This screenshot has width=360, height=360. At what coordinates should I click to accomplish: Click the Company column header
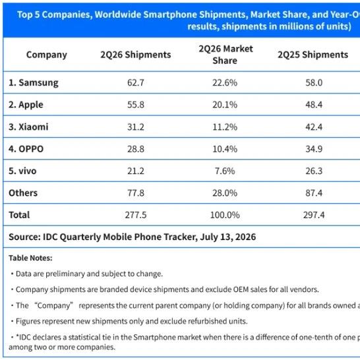click(47, 55)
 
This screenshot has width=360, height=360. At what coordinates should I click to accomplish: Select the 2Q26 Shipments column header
click(136, 55)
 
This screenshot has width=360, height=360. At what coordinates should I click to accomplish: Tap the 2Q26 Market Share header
click(225, 55)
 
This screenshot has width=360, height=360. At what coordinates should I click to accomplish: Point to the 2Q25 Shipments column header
click(313, 55)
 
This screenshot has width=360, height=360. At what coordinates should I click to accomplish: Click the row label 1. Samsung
click(34, 82)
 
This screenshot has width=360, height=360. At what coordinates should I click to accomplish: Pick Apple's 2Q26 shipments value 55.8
click(136, 105)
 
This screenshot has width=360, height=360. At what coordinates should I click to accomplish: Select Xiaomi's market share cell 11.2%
click(225, 127)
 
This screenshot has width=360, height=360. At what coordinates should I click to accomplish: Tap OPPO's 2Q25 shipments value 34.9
click(314, 149)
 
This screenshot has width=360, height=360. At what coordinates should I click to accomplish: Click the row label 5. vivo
click(22, 171)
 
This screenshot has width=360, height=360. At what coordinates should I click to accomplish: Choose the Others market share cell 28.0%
click(225, 193)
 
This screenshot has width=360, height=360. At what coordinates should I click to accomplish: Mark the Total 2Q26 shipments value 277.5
click(136, 215)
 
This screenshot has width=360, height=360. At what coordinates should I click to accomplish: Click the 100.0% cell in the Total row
click(225, 215)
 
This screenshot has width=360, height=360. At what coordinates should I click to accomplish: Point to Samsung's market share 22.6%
click(225, 82)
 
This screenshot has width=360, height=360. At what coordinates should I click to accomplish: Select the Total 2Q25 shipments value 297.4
click(314, 215)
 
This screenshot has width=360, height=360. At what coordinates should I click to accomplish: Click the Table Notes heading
click(30, 258)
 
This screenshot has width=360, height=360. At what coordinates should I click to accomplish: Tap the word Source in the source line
click(24, 237)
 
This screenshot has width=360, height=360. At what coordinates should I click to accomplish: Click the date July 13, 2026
click(227, 237)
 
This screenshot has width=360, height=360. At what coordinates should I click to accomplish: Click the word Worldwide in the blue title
click(118, 15)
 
